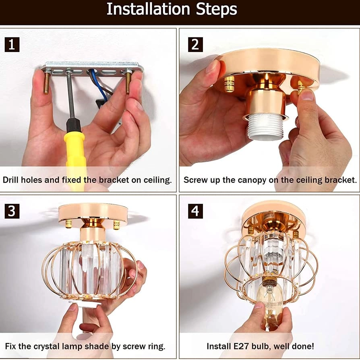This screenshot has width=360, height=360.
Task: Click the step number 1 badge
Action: coord(12,45)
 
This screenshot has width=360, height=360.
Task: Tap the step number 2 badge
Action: coord(195,45)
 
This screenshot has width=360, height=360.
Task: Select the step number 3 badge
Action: coord(12,211)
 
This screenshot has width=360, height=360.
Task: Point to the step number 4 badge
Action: coord(195,211)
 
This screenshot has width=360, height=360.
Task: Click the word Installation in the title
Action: coord(148,9)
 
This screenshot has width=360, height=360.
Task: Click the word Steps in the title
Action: coord(217,10)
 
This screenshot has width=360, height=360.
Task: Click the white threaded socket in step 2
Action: coord(265,127)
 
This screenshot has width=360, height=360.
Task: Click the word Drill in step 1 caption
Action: coord(11,180)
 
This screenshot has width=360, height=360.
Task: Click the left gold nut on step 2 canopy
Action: coord(229,84)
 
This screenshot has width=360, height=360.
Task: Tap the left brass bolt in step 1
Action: coord(47,83)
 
